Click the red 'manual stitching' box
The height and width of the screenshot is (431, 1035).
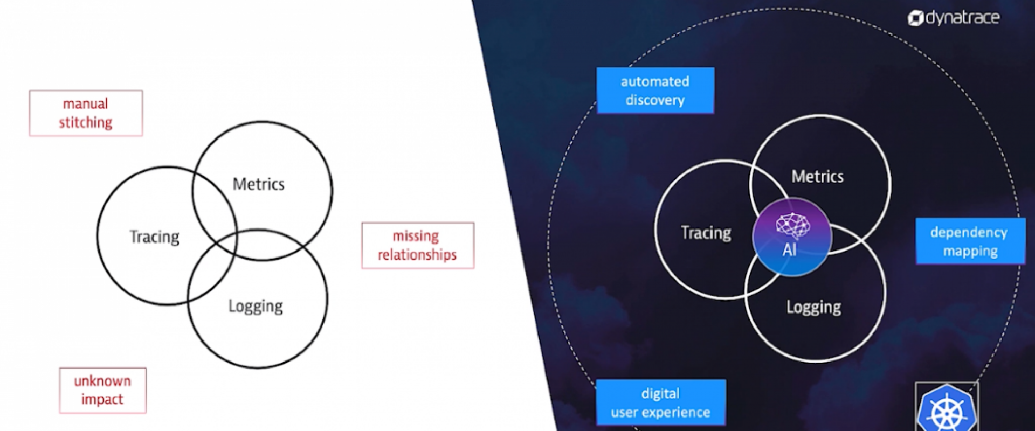pos(86,113)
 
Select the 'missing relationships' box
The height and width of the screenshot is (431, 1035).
pos(418,245)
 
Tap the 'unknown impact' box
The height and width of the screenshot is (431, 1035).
pos(102,391)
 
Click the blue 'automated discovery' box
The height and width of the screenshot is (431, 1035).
pos(655,91)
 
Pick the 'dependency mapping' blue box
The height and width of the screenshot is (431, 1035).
pos(970,241)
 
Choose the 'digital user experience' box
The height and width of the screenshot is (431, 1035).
pos(661,402)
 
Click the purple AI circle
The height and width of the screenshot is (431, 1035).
pos(792,237)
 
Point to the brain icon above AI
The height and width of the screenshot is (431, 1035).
pos(792,226)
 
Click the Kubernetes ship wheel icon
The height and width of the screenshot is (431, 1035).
pos(947,408)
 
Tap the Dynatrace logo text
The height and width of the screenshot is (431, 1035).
pos(963,18)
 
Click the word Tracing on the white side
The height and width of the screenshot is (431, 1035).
pos(154,237)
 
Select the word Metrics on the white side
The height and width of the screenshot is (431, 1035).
pos(259,184)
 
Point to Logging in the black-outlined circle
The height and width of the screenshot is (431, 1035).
pos(256,307)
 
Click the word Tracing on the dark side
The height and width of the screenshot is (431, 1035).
pos(706,233)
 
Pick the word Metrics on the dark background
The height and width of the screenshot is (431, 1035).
pos(818,176)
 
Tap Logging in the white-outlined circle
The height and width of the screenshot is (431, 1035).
pos(813,307)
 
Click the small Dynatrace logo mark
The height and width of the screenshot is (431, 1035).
pos(915,19)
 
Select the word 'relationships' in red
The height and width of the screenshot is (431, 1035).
pos(417,254)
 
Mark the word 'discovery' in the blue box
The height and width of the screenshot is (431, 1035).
pos(655,100)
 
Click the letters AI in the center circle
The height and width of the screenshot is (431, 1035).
pos(789,250)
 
